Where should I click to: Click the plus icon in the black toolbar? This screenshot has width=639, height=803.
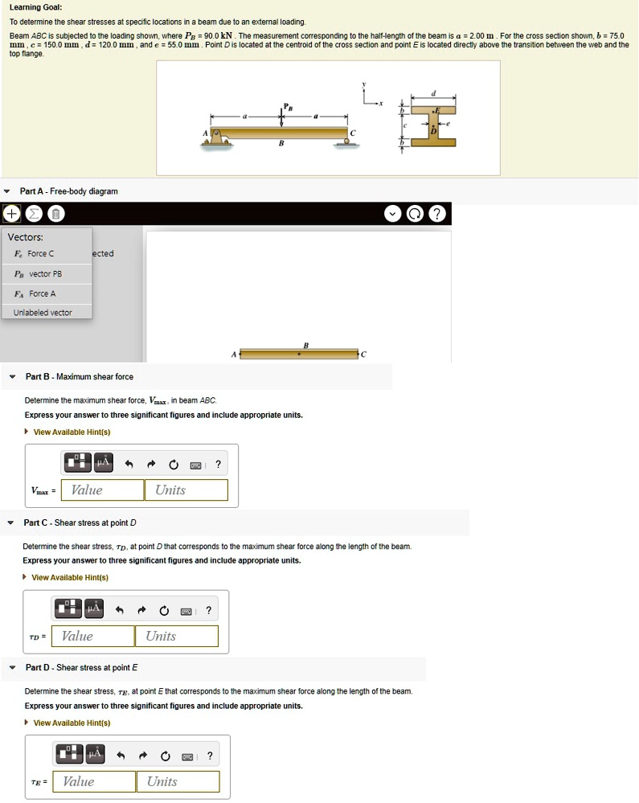[11, 214]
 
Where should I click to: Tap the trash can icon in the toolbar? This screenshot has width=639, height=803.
[55, 214]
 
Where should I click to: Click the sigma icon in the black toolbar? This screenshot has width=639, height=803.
[33, 214]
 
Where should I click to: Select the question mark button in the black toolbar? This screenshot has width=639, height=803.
[436, 214]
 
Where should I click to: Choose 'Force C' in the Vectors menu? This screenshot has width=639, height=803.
[40, 254]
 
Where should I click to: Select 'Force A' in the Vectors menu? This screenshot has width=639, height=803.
[40, 293]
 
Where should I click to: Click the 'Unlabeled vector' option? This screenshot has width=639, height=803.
[43, 313]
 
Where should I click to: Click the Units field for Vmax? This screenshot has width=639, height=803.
[186, 490]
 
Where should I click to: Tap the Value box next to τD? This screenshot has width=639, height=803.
[92, 637]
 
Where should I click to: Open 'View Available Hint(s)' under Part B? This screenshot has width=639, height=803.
[72, 432]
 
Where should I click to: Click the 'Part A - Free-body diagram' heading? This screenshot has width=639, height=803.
[69, 191]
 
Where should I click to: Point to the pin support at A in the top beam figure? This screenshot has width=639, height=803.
[216, 138]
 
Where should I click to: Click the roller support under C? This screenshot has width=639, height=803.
[347, 141]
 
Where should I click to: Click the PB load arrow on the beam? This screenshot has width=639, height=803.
[281, 116]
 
